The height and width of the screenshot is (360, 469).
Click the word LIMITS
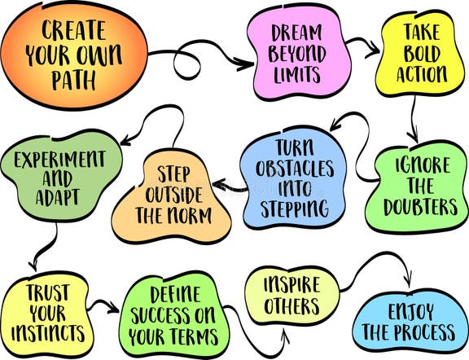[x=295, y=75]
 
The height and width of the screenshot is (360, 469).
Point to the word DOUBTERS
[x=421, y=207]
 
